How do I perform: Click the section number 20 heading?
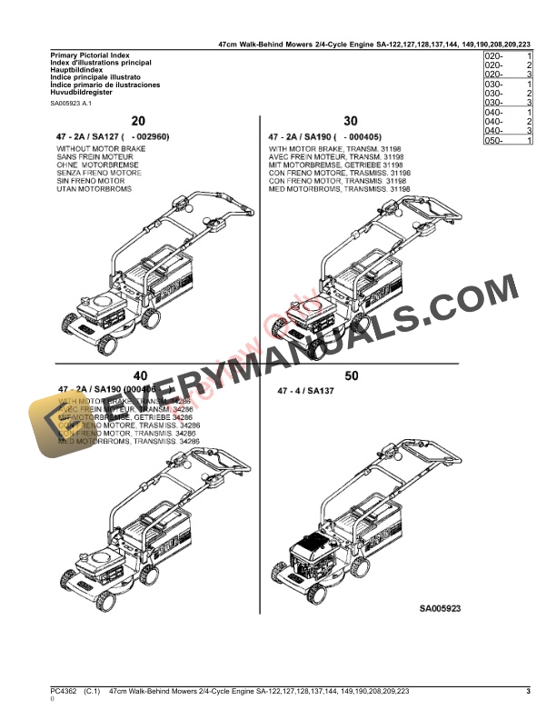click(x=138, y=121)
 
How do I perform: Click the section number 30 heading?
click(x=351, y=121)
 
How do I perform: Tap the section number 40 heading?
click(x=139, y=375)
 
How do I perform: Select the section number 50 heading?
click(x=351, y=375)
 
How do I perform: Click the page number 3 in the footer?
click(x=529, y=693)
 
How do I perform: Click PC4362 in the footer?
click(x=64, y=693)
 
